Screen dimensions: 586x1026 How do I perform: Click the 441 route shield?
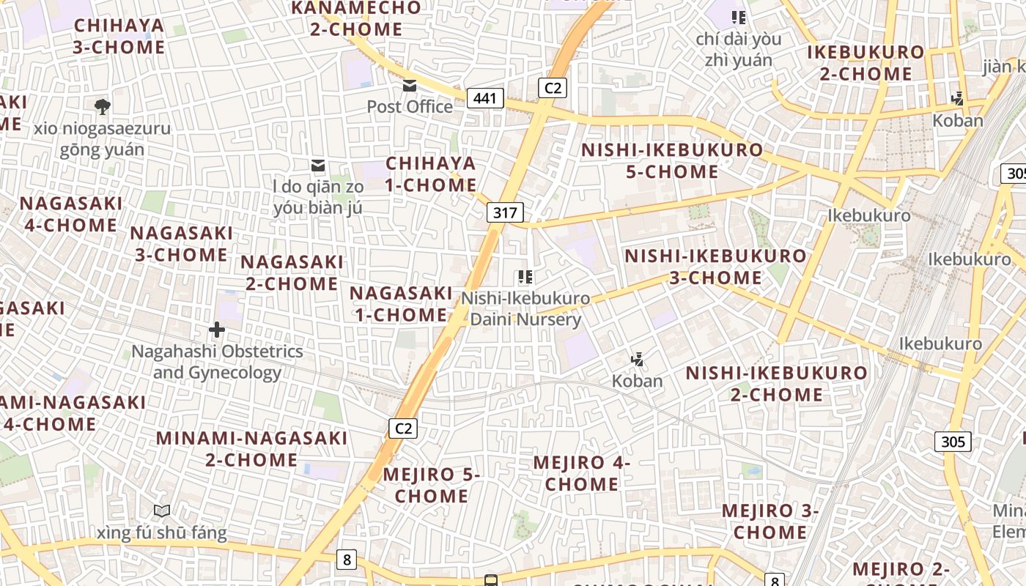pos(485,98)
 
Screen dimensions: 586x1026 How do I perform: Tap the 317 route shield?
pos(505,213)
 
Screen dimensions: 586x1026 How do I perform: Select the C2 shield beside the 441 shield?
pos(553,88)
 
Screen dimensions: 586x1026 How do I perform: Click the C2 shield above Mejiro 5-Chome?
pos(402,429)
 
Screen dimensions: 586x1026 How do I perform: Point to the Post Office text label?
pos(410,107)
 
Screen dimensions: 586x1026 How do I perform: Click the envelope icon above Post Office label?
pos(410,86)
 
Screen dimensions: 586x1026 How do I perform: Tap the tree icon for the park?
pos(103,107)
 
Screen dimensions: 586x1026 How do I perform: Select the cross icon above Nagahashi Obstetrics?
pos(217,330)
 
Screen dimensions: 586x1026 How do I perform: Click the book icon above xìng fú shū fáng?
pos(162,511)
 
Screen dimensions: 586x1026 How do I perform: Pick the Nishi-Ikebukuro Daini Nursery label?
pos(525,309)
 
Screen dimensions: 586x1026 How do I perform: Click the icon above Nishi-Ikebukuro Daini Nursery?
pos(525,277)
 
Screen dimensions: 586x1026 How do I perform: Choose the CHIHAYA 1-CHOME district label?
pos(431,174)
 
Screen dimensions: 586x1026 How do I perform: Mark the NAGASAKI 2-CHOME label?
pos(292,272)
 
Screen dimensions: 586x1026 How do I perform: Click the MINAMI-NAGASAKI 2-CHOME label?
pos(251,449)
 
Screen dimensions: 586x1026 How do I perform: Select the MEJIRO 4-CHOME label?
pos(582,473)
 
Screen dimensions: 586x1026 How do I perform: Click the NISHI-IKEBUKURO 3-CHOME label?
pos(715,267)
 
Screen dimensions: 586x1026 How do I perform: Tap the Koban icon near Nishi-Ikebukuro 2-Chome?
pos(638,359)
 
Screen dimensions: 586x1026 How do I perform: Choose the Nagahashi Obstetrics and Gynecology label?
pos(217,362)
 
